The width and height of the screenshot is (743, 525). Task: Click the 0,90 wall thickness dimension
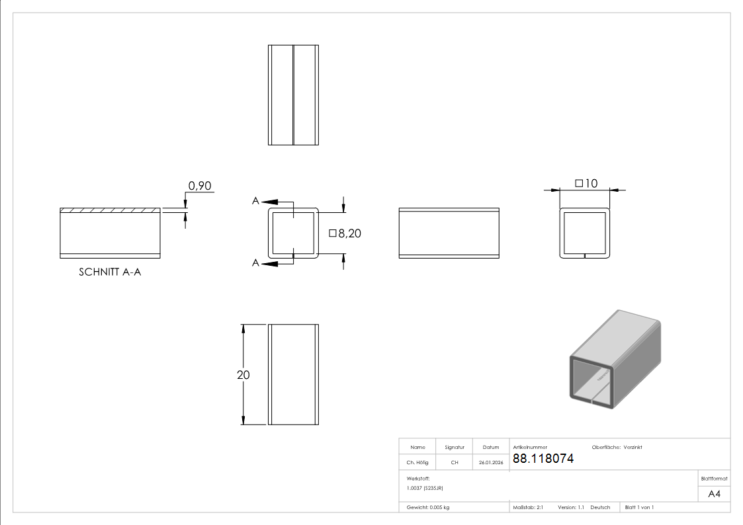tap(200, 186)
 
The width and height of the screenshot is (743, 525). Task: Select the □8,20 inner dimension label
tap(345, 233)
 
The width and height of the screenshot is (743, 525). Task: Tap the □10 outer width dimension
tap(586, 183)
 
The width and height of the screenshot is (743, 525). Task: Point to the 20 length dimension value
tap(243, 374)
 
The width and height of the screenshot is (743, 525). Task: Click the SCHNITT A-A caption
tap(110, 272)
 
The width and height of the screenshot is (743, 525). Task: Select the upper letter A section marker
tap(255, 201)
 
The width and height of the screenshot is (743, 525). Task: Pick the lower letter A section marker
tap(255, 263)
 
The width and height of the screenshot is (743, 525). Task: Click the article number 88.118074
tap(543, 459)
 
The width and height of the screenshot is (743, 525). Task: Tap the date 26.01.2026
tap(491, 463)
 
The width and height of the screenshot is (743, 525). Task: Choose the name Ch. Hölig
tap(417, 463)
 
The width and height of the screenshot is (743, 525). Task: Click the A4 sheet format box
tap(715, 494)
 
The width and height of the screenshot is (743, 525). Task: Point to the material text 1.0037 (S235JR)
tap(425, 488)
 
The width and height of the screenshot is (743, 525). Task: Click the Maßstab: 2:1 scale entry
tap(528, 507)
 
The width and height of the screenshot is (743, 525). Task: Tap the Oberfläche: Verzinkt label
tap(617, 447)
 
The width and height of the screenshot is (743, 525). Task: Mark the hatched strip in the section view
tap(110, 210)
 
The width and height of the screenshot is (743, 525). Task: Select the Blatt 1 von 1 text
tap(639, 507)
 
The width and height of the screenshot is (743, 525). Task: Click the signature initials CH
tap(455, 463)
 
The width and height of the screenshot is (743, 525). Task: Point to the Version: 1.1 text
tap(571, 507)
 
